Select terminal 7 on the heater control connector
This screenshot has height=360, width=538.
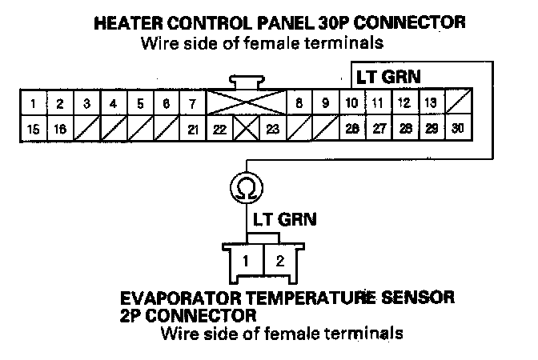tap(192, 103)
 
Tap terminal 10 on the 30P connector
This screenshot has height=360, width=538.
tap(351, 103)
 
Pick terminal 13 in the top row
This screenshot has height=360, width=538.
tap(430, 103)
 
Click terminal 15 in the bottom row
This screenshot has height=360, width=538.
tap(33, 129)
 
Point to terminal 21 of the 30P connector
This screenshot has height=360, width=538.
tap(192, 129)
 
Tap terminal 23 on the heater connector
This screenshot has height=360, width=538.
tap(272, 129)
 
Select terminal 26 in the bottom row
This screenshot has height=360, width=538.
tap(351, 129)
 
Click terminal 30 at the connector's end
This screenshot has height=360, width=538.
tap(457, 129)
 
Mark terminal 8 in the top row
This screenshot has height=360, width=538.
tap(299, 103)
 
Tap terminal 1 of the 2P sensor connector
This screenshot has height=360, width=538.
tap(248, 260)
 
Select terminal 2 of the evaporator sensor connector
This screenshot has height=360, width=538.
tap(279, 260)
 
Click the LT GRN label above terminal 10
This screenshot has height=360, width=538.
tap(388, 77)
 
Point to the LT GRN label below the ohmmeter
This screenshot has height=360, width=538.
tap(285, 218)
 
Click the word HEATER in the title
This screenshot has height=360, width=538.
tap(131, 22)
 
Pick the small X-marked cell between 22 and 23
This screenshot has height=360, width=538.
tap(246, 129)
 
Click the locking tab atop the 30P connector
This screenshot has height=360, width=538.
tap(246, 82)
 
